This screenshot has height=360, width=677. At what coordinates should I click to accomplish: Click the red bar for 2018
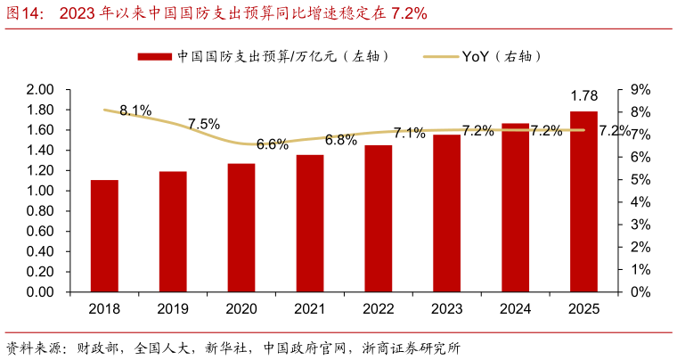104,236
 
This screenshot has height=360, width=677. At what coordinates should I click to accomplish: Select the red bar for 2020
241,228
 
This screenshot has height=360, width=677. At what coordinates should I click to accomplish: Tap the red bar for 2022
378,218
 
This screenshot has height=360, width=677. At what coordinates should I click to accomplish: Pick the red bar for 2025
583,201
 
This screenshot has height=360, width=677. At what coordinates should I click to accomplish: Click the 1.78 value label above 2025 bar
583,96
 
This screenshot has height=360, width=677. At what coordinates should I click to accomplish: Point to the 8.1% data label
135,110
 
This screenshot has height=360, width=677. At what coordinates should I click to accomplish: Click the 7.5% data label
204,125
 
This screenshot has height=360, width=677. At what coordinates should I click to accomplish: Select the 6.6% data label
272,143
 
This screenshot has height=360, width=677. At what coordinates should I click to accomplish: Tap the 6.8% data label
340,140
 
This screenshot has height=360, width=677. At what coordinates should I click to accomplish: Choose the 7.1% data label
409,134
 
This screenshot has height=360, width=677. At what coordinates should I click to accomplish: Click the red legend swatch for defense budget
154,56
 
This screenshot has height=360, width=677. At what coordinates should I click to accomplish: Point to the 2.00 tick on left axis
41,89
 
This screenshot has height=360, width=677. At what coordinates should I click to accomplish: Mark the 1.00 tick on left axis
41,191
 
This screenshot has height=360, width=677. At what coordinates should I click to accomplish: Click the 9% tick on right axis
640,89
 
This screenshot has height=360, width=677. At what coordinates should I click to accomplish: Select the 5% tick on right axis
640,179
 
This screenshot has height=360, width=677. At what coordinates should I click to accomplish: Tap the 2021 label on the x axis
310,309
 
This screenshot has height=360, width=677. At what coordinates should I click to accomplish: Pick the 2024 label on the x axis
515,309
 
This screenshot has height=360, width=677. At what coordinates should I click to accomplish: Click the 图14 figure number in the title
24,12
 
